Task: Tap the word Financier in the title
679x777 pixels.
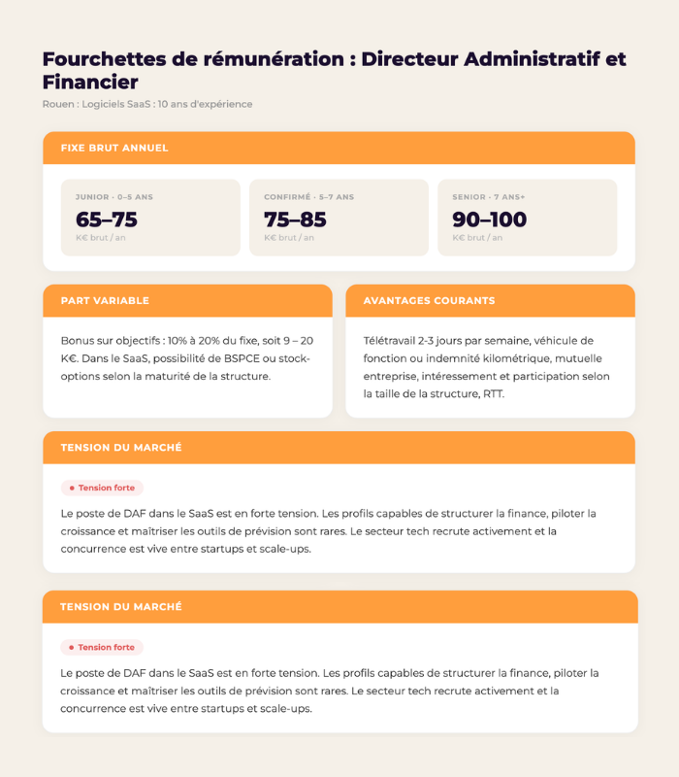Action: (x=90, y=83)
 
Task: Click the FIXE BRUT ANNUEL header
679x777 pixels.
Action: (x=113, y=148)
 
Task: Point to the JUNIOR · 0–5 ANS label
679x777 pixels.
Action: (x=114, y=197)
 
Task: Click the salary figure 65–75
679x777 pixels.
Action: (x=107, y=220)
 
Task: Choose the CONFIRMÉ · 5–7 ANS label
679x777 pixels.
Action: (x=309, y=197)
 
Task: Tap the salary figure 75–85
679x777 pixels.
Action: (x=295, y=220)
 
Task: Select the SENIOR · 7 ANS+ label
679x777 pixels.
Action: (x=489, y=197)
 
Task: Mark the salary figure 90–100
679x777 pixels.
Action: (x=490, y=220)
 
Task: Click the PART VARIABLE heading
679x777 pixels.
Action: (x=105, y=301)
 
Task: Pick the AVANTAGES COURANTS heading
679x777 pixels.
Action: (x=429, y=301)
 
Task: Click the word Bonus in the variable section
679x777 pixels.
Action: (x=78, y=340)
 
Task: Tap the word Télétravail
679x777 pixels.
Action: (x=393, y=340)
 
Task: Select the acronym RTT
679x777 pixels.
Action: (x=493, y=394)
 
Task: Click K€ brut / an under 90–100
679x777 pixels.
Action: (x=477, y=238)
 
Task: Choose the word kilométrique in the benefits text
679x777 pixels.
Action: (x=509, y=358)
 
